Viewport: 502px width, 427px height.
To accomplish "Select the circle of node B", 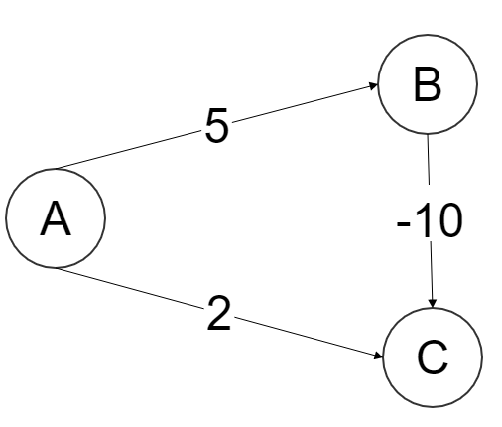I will point(427,86).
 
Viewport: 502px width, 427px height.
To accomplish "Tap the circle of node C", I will point(432,356).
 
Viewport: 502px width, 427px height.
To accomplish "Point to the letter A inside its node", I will point(55,221).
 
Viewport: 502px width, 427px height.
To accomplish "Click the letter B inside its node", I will point(427,87).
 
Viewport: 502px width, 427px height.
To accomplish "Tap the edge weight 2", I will point(217,317).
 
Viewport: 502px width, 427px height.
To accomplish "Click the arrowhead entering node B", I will point(372,87).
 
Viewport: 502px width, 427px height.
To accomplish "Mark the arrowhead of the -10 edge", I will point(432,299).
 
